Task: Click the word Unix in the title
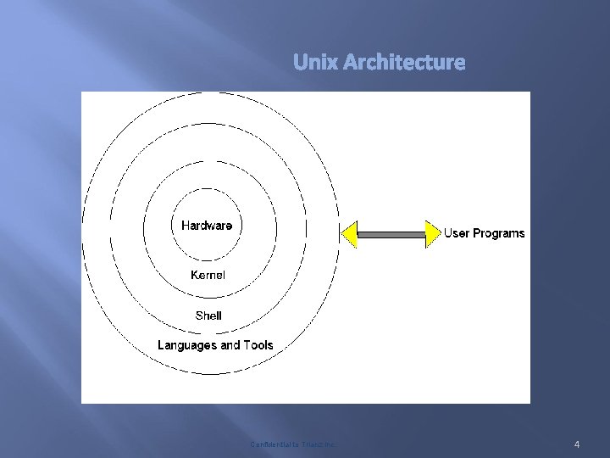click(x=313, y=63)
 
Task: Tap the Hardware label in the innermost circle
click(x=207, y=226)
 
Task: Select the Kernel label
click(x=208, y=275)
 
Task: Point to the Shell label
click(x=208, y=316)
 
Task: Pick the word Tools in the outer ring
click(x=258, y=345)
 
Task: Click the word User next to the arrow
click(x=458, y=233)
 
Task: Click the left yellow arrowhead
click(x=349, y=233)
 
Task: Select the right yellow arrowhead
click(x=433, y=233)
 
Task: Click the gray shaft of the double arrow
click(x=391, y=233)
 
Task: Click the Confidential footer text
click(x=292, y=444)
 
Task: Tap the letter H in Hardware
click(x=186, y=226)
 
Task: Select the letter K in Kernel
click(x=194, y=275)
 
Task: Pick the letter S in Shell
click(x=199, y=316)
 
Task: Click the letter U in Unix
click(x=299, y=63)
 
